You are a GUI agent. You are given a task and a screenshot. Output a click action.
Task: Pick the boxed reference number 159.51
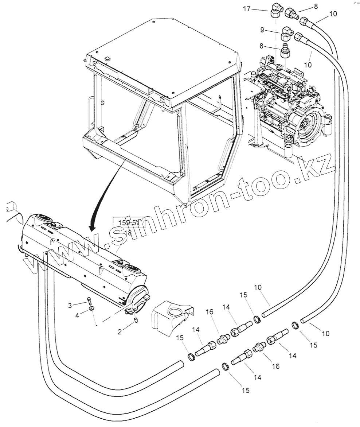(129, 222)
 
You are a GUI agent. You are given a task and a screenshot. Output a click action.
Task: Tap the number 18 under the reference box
(128, 232)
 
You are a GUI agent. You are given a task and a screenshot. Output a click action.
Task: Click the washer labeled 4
(91, 309)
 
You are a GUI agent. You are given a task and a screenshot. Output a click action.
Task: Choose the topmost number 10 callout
(333, 14)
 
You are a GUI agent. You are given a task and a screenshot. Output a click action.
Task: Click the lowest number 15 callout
(246, 390)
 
